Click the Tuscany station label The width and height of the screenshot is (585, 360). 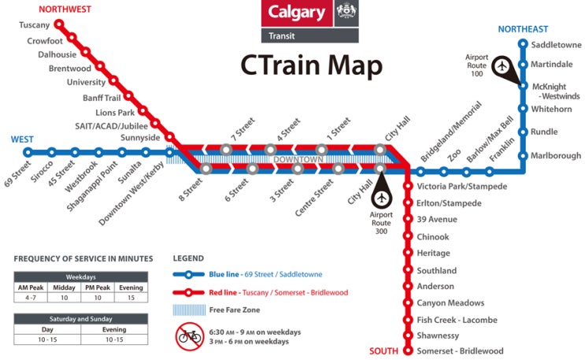point(35,25)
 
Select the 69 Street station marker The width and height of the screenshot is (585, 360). point(28,153)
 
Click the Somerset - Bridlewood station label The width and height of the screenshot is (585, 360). point(460,351)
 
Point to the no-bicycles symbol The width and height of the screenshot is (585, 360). point(190,336)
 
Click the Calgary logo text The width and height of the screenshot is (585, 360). point(296,13)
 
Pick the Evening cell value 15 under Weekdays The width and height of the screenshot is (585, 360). point(131,299)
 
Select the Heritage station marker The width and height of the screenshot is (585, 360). point(409,254)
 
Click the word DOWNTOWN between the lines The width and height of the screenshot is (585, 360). point(298,160)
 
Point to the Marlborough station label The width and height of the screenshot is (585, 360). point(556,156)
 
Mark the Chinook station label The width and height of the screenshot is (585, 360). point(433,237)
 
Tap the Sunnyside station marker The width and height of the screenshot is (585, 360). point(168,139)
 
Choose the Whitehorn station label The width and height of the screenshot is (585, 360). point(551,109)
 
